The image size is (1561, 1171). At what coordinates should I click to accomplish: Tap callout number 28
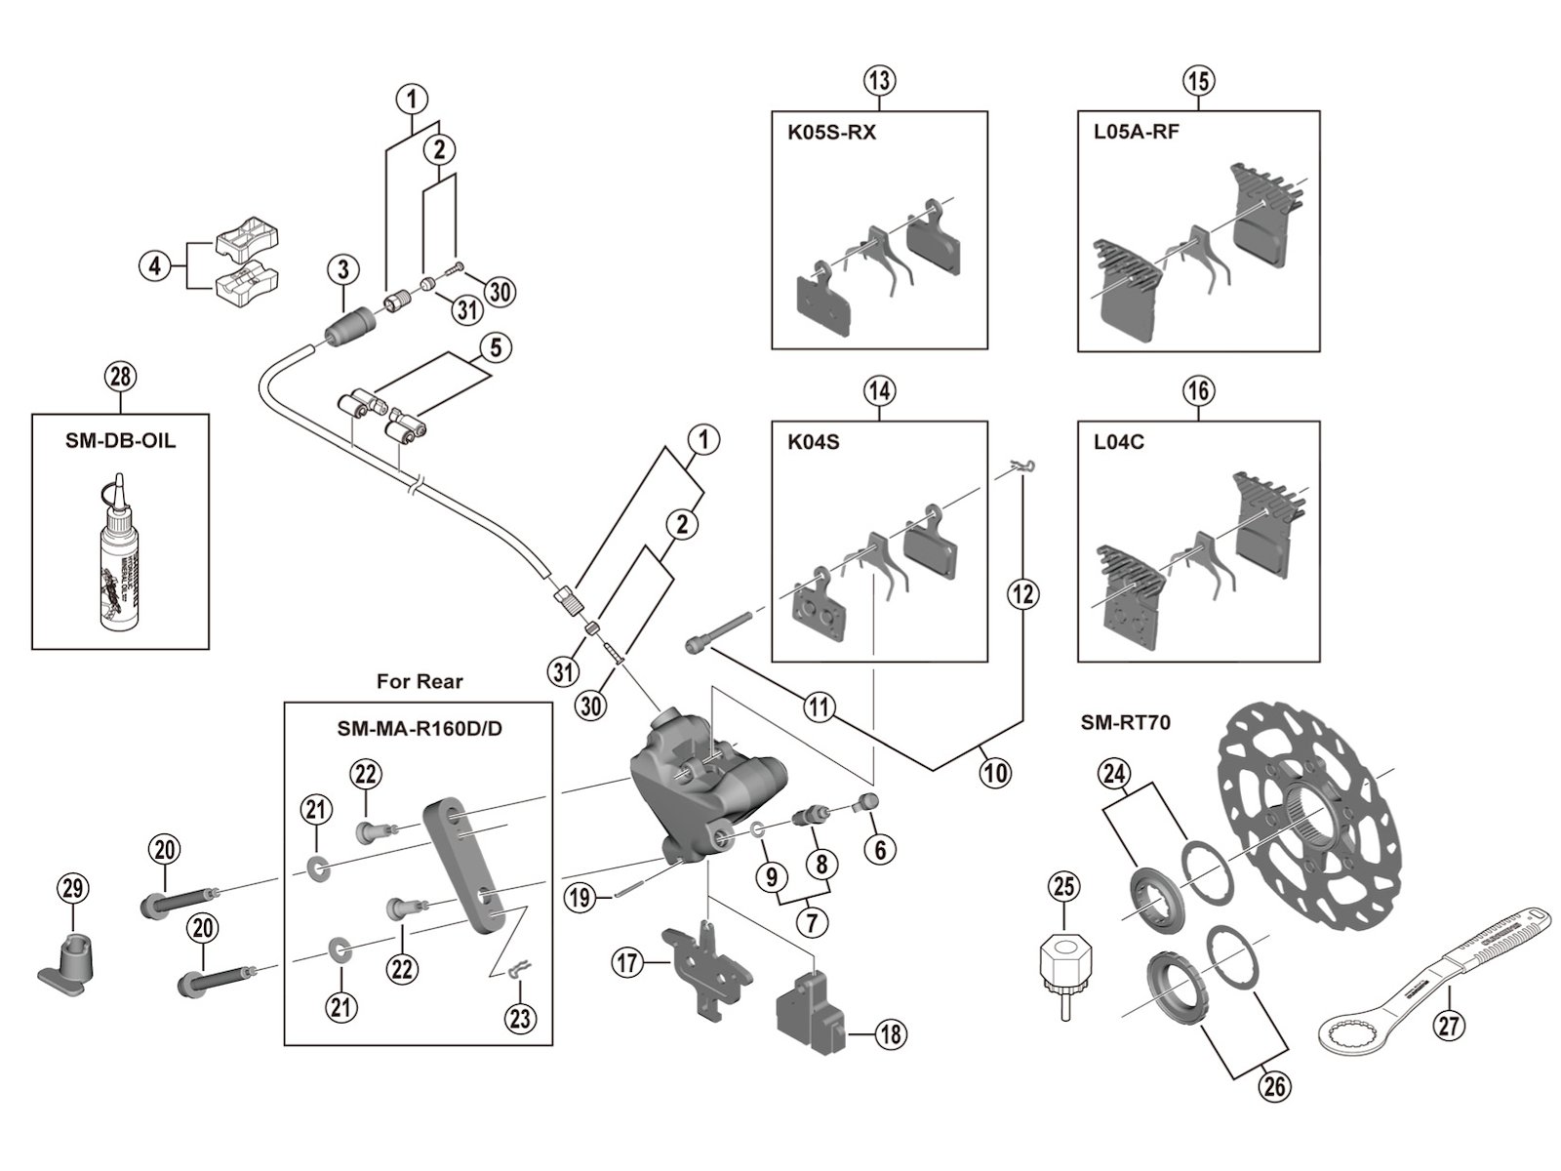coord(121,378)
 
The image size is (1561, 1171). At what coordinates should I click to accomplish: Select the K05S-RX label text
coord(831,133)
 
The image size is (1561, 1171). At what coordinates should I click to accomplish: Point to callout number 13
coord(879,80)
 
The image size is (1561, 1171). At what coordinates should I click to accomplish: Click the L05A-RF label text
coord(1137,132)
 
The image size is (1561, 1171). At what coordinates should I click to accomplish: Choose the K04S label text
coord(814,442)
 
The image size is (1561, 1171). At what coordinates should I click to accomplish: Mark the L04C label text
coord(1119,442)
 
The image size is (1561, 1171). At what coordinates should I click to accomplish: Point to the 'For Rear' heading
coord(420,681)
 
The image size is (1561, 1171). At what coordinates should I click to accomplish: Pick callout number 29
coord(73,888)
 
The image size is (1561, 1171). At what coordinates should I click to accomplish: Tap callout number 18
coord(890,1033)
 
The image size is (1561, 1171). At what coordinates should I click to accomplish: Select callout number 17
coord(626,964)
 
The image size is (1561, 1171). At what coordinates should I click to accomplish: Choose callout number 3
coord(343,270)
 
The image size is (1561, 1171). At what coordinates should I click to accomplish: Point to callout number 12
coord(1023,593)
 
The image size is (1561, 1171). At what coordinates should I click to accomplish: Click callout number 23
coord(520,1019)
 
